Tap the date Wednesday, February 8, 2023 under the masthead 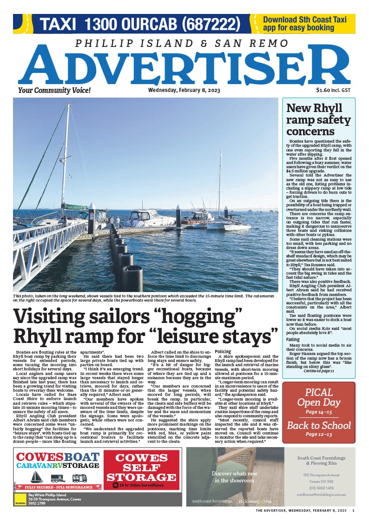click(171, 90)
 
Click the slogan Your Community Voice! click(48, 90)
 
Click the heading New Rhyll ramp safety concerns click(318, 119)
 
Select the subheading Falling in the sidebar click(293, 340)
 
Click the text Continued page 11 click(318, 371)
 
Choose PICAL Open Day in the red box click(318, 398)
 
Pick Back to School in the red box click(318, 425)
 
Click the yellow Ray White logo click(20, 500)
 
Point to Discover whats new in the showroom click(235, 477)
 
